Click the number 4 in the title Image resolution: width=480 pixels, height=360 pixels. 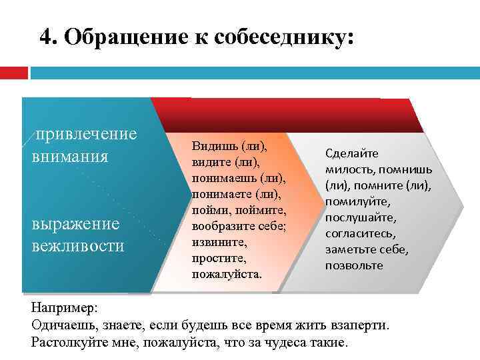(x=45, y=36)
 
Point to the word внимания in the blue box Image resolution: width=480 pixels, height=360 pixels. (x=69, y=157)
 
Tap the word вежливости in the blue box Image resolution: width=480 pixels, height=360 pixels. (x=77, y=245)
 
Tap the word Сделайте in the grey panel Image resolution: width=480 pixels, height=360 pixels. (x=351, y=153)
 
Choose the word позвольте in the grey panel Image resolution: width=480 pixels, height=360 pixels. (x=354, y=265)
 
